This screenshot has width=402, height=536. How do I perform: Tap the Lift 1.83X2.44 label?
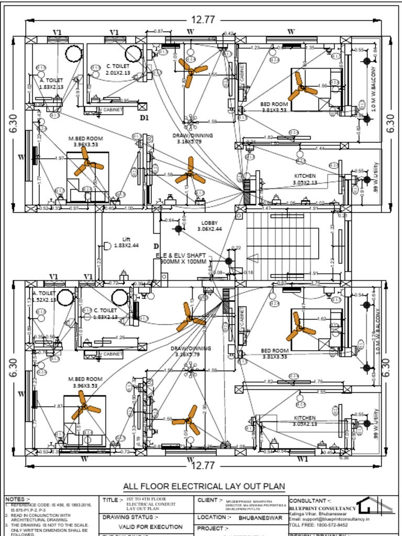(126, 242)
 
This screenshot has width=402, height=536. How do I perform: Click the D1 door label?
(144, 118)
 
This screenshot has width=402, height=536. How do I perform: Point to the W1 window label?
(302, 459)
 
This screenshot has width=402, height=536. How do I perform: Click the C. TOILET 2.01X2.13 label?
(117, 70)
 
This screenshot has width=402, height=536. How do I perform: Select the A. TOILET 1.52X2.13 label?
(44, 297)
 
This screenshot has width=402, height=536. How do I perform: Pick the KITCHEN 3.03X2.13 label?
(305, 421)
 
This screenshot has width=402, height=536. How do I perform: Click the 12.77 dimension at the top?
(203, 20)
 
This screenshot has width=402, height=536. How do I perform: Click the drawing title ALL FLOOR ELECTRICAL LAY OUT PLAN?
(204, 486)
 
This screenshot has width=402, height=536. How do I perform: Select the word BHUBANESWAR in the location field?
(258, 517)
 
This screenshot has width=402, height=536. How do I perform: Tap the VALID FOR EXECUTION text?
(151, 527)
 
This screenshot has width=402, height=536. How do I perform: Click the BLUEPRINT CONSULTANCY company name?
(322, 508)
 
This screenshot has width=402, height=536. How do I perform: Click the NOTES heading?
(18, 499)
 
